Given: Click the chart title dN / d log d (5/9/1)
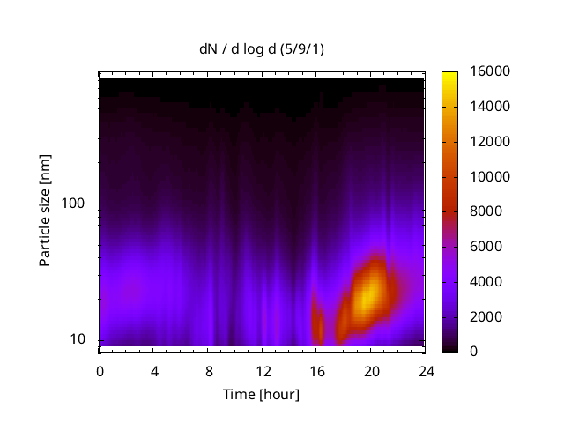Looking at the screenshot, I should [x=261, y=49].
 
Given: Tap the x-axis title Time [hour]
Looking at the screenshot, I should [x=261, y=394].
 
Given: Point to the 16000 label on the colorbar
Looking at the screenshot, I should [x=484, y=71].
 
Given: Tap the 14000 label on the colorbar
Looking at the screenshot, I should [x=484, y=107].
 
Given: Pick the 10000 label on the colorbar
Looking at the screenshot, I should [x=484, y=176].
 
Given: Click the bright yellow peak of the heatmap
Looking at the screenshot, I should [x=369, y=295].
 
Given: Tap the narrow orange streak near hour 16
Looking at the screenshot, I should [x=318, y=323].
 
